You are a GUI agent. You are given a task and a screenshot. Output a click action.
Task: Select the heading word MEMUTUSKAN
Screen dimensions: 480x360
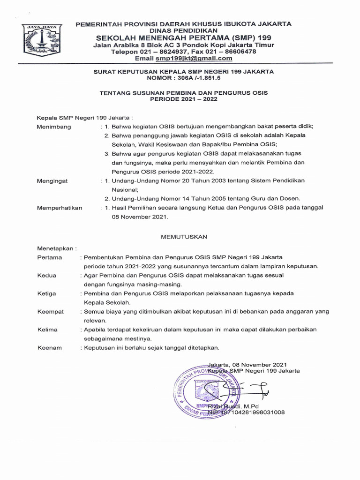[x=184, y=237]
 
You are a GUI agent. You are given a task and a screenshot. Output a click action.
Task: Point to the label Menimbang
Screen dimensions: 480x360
[x=54, y=127]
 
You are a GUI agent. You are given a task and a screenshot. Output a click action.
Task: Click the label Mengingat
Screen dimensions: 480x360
[x=53, y=180]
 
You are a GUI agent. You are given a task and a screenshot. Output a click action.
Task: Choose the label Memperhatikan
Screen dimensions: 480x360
[x=60, y=208]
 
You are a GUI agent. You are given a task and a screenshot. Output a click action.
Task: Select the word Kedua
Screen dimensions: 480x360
[x=46, y=276]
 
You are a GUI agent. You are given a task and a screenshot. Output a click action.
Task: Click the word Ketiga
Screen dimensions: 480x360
[x=46, y=293]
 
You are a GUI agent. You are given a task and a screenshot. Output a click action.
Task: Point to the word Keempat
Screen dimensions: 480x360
[x=50, y=311]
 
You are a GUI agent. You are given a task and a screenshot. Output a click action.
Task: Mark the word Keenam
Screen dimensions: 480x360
[x=49, y=348]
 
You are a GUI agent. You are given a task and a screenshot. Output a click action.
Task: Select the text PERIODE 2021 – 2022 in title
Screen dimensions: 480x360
[x=183, y=99]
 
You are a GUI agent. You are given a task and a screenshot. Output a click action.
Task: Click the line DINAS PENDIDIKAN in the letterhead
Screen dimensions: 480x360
[x=183, y=30]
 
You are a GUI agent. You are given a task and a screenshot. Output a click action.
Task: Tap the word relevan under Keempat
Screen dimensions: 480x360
[x=95, y=321]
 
